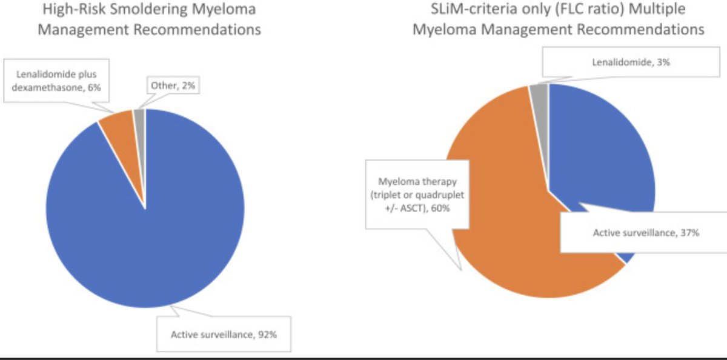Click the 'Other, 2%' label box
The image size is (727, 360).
[x=172, y=87]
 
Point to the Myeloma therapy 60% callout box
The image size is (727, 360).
[x=417, y=194]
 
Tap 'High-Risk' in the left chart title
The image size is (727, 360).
[x=73, y=10]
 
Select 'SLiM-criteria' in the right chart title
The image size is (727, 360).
[x=465, y=10]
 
